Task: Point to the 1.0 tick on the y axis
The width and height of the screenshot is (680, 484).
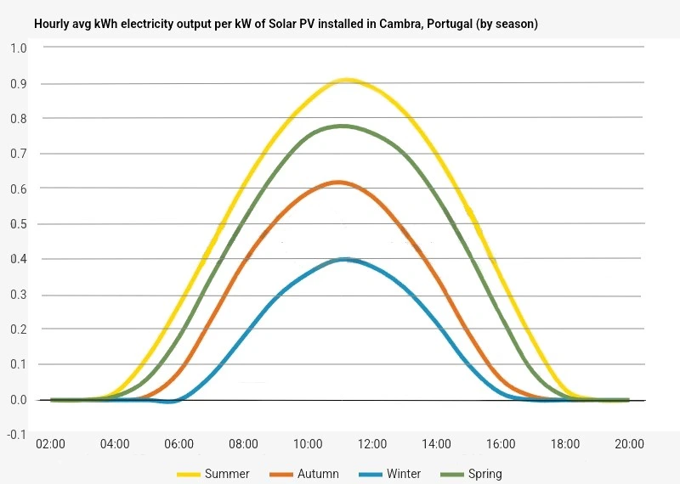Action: [x=18, y=48]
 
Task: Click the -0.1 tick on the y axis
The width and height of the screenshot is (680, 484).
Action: [x=16, y=435]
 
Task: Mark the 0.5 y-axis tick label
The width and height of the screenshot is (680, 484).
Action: [x=18, y=224]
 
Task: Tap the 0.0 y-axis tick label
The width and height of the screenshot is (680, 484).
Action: [x=18, y=400]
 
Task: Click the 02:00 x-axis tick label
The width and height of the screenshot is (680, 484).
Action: [x=50, y=444]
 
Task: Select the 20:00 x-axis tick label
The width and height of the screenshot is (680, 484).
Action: [x=630, y=444]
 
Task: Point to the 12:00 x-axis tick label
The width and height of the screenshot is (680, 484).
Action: [x=372, y=444]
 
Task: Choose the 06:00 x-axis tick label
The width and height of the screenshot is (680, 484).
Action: [x=179, y=444]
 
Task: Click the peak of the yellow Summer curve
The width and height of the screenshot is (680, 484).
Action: [x=346, y=80]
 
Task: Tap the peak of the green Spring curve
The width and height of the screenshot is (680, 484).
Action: [x=343, y=126]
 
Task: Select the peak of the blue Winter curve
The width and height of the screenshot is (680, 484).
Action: [x=343, y=259]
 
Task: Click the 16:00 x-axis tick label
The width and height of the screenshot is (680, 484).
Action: [x=501, y=444]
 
